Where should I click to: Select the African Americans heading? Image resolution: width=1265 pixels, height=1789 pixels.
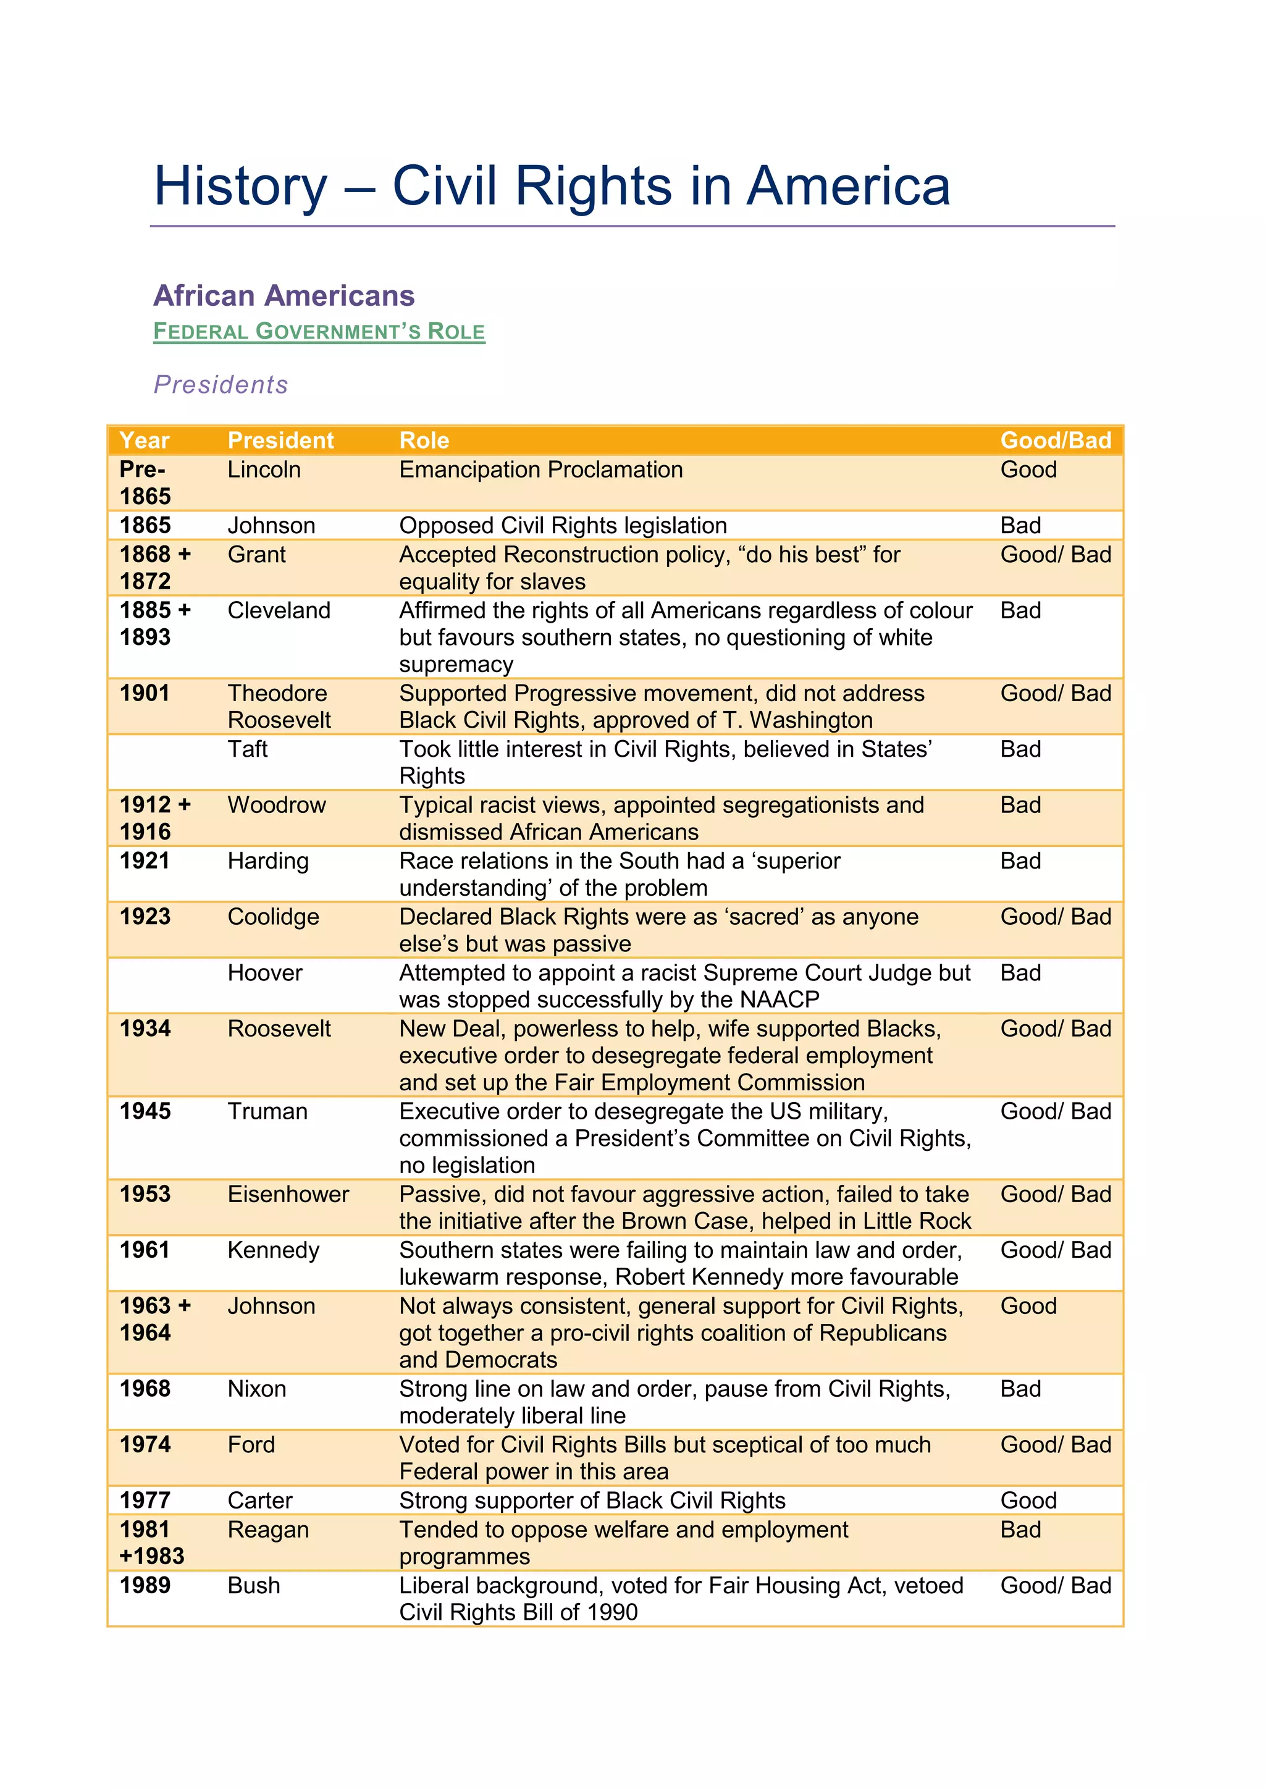pyautogui.click(x=284, y=296)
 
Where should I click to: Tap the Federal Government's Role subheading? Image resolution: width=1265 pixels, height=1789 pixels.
pyautogui.click(x=319, y=331)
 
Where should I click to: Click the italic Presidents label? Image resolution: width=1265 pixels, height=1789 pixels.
pyautogui.click(x=221, y=384)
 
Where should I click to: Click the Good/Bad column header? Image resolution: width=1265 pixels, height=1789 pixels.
pyautogui.click(x=1055, y=440)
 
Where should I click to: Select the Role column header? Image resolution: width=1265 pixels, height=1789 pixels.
pyautogui.click(x=424, y=440)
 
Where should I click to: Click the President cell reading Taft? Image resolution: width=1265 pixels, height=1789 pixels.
pyautogui.click(x=247, y=749)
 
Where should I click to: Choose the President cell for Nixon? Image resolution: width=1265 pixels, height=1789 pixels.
pyautogui.click(x=256, y=1389)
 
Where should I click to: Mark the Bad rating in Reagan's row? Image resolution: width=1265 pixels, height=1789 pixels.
pyautogui.click(x=1020, y=1529)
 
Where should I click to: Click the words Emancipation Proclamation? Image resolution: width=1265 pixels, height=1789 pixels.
pyautogui.click(x=540, y=470)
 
